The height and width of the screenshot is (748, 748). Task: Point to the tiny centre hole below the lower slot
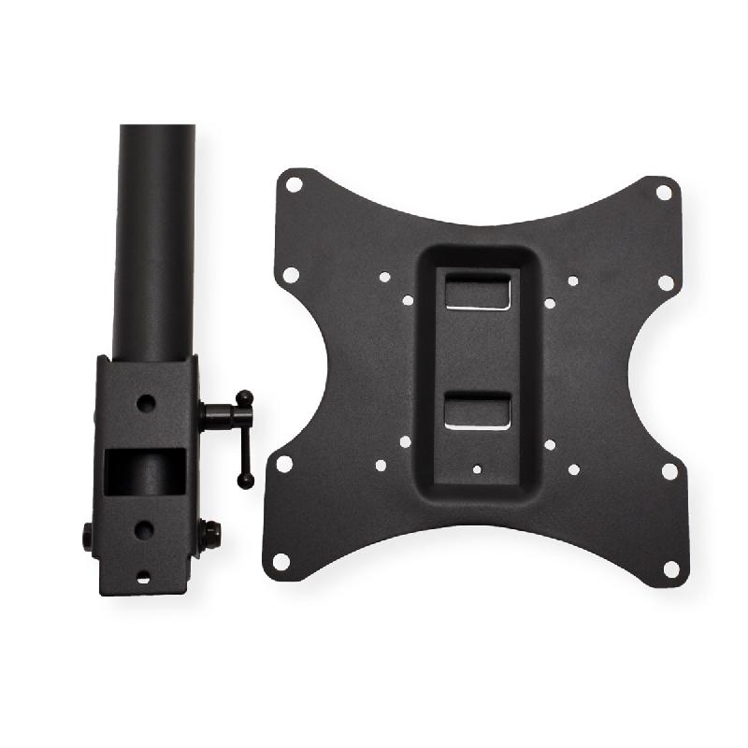coord(478,470)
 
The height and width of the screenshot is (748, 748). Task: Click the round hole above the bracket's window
coord(146,405)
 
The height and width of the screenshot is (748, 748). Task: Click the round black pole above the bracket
coord(155,234)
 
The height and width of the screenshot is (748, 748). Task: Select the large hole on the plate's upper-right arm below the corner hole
coord(666,281)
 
